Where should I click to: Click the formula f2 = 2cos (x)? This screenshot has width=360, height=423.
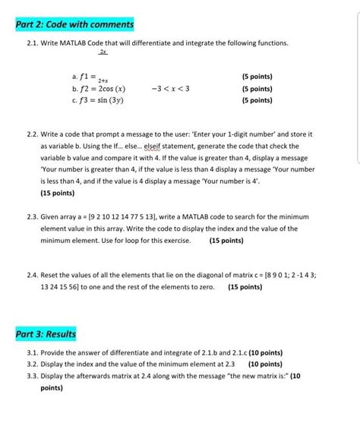99,88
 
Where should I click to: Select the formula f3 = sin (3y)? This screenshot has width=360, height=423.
96,99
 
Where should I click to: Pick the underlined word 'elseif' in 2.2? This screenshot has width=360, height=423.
188,146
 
